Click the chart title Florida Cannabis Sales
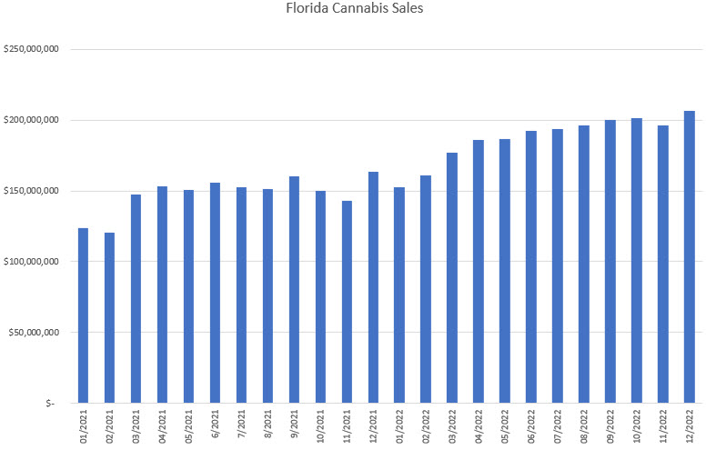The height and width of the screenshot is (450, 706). pyautogui.click(x=353, y=11)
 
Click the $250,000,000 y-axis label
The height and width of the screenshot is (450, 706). pyautogui.click(x=32, y=49)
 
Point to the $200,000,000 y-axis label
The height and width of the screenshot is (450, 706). pyautogui.click(x=32, y=120)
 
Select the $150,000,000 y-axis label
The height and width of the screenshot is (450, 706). pyautogui.click(x=32, y=191)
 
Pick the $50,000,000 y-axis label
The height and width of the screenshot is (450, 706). pyautogui.click(x=35, y=332)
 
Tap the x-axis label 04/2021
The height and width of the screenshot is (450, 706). pyautogui.click(x=163, y=426)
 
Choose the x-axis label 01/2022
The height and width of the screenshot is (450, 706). pyautogui.click(x=400, y=426)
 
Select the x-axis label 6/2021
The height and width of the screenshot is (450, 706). pyautogui.click(x=216, y=425)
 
